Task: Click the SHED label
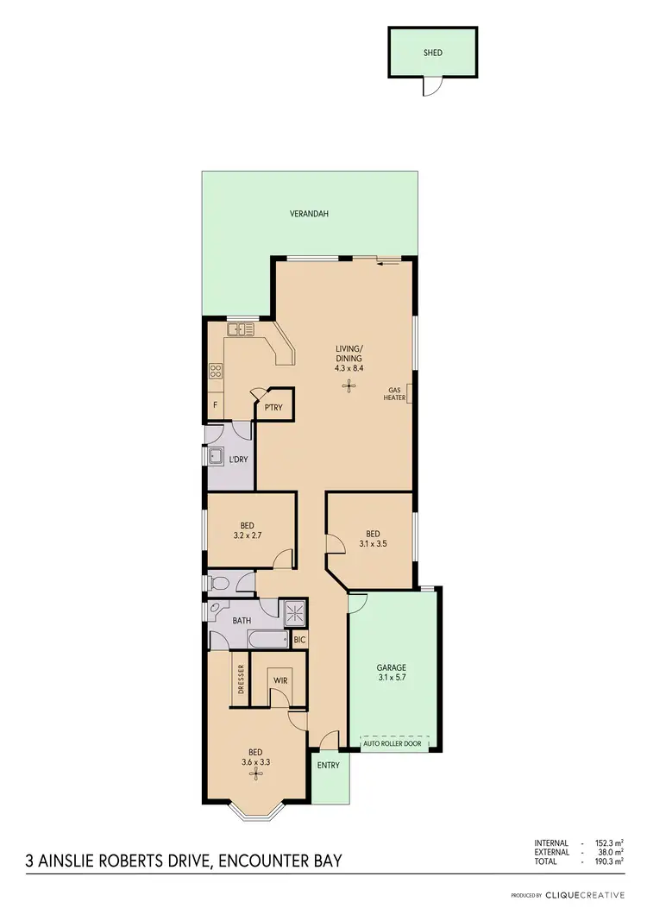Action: [x=432, y=53]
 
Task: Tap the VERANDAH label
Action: [x=309, y=214]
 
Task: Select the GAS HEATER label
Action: [x=395, y=393]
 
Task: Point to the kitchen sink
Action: [x=238, y=329]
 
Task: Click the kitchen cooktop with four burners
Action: [x=216, y=372]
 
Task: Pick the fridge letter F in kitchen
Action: [x=215, y=405]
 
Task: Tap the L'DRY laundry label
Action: [x=238, y=460]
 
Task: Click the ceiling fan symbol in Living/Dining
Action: [x=349, y=386]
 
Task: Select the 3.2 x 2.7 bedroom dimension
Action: [x=247, y=535]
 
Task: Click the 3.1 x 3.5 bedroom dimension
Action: [x=373, y=543]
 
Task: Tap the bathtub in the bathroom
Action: [x=267, y=640]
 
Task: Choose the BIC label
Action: [x=299, y=640]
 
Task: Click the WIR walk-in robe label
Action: [x=280, y=680]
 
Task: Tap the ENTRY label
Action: [x=329, y=765]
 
